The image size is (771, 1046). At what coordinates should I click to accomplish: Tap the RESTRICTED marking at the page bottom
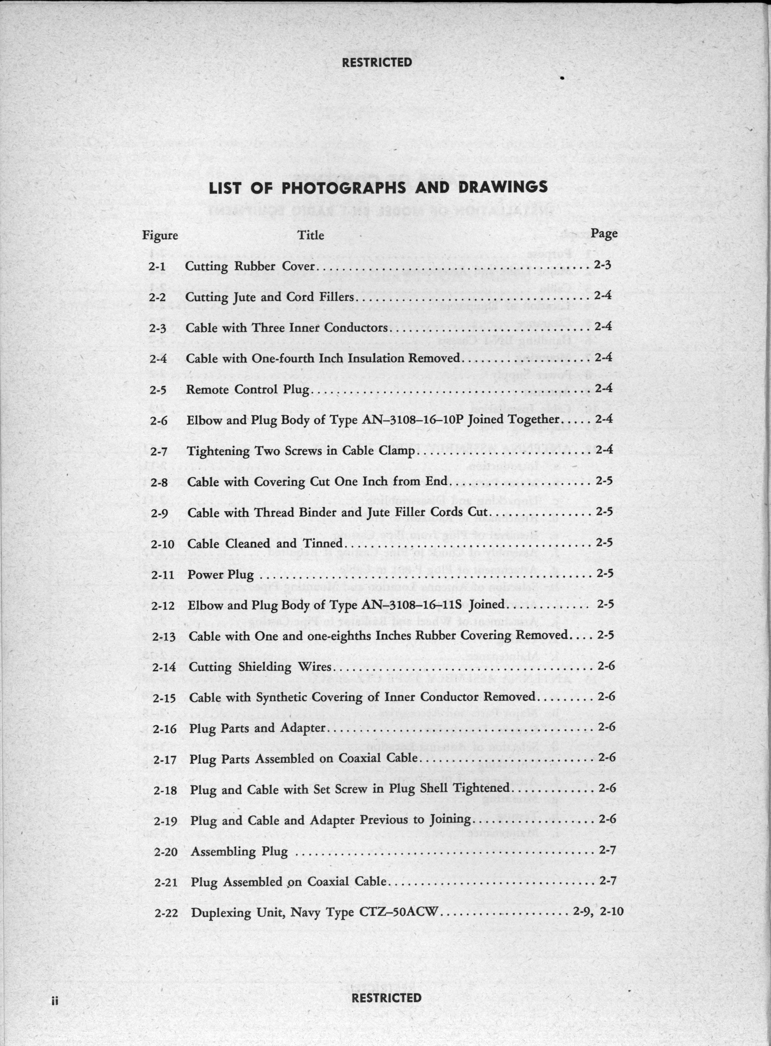point(386,998)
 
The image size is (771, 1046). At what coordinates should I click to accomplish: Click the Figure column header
point(160,235)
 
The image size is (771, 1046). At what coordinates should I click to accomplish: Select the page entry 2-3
point(603,265)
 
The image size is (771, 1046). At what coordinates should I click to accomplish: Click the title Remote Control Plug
point(248,389)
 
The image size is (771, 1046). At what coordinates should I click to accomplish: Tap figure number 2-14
point(164,667)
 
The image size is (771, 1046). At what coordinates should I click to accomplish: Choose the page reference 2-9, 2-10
point(598,911)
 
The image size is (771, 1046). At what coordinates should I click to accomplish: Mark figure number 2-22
point(166,913)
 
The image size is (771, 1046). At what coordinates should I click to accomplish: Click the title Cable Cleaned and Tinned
point(265,544)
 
